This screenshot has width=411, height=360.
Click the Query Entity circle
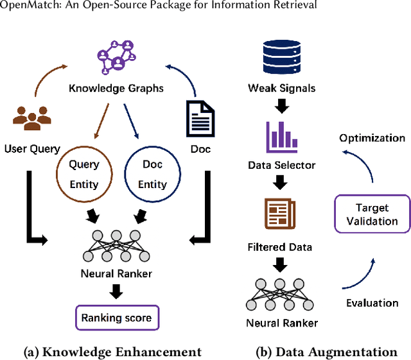(84, 174)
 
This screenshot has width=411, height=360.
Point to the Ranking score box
(116, 318)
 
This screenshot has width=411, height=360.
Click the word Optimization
(372, 138)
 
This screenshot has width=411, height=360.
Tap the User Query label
(32, 149)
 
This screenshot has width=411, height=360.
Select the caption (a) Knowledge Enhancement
(112, 352)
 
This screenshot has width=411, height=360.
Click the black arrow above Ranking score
(116, 292)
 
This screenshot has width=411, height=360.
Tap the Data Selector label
(282, 165)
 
